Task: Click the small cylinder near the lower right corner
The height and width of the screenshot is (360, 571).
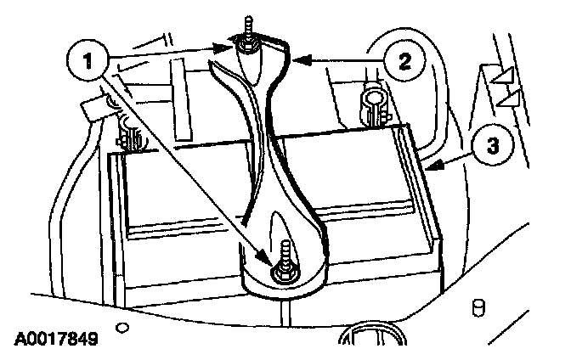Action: (x=479, y=305)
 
